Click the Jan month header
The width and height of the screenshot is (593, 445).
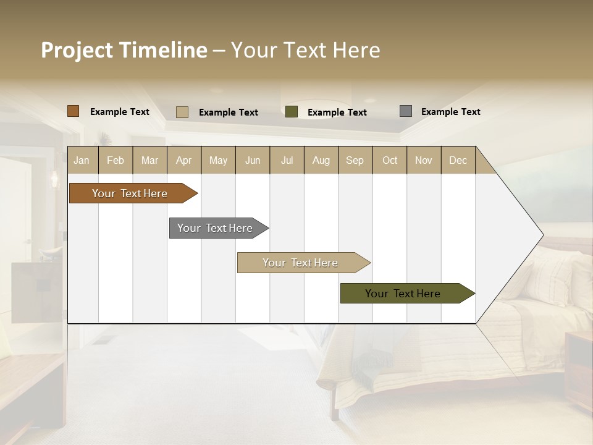coord(82,160)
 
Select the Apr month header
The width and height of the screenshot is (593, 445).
coord(183,160)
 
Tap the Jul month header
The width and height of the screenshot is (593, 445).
coord(287,160)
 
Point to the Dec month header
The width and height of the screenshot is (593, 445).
coord(458,160)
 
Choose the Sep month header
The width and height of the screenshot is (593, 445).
coord(355,160)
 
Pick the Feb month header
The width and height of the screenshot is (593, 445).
coord(116,160)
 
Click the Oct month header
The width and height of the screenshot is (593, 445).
coord(390,160)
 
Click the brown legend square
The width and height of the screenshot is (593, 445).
coord(74,111)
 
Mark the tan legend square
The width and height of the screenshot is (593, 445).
coord(182,112)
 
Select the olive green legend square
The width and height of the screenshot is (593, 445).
coord(292,112)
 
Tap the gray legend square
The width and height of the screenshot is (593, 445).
coord(406,111)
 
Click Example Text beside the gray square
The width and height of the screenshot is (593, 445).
coord(450,112)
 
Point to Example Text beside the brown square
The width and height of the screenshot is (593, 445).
coord(120,112)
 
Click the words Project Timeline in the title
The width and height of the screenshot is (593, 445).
coord(124,50)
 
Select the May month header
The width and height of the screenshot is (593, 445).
coord(218,160)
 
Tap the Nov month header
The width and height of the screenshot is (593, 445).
coord(424,160)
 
